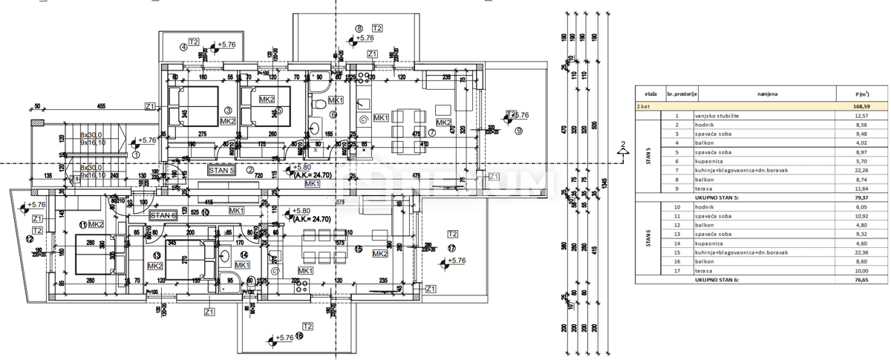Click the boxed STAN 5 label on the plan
[x=222, y=170]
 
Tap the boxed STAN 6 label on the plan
[x=163, y=215]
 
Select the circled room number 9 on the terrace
[x=518, y=131]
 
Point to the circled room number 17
[x=451, y=249]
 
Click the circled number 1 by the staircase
[x=136, y=155]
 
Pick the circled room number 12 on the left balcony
[x=29, y=239]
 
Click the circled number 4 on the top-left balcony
[x=183, y=48]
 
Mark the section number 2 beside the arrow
[x=624, y=144]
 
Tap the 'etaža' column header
[x=650, y=94]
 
